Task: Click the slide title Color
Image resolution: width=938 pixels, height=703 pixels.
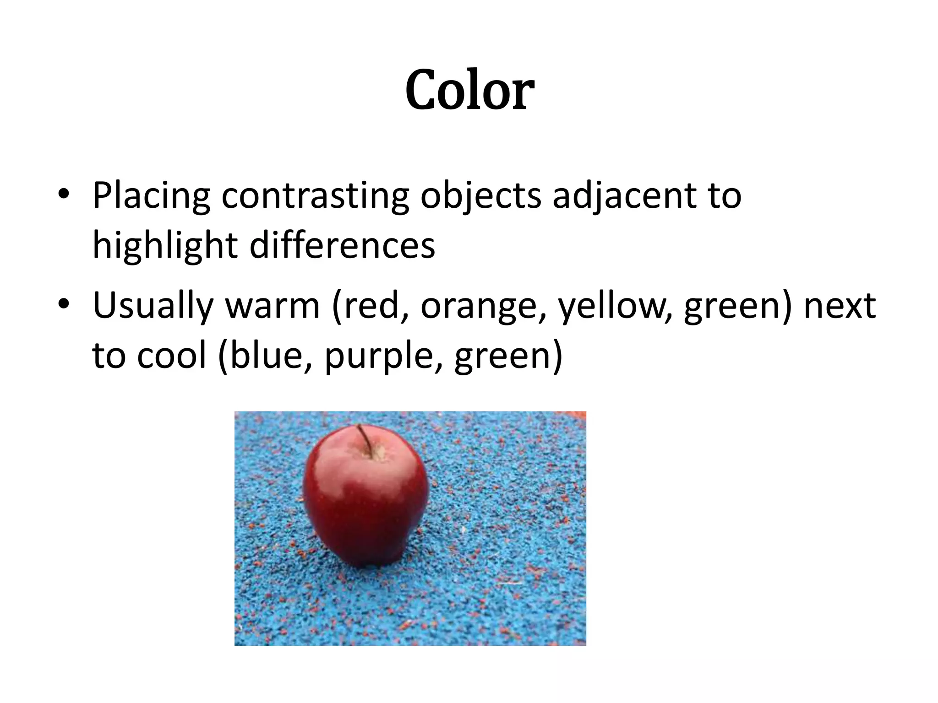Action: pyautogui.click(x=469, y=90)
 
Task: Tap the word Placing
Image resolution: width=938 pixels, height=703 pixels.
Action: pyautogui.click(x=151, y=196)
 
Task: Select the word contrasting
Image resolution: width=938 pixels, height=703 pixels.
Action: pyautogui.click(x=315, y=196)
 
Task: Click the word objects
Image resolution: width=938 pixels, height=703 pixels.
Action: pyautogui.click(x=480, y=196)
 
